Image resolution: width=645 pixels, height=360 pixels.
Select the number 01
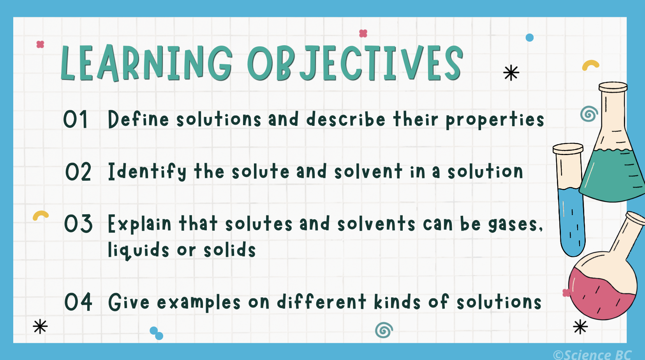(76, 119)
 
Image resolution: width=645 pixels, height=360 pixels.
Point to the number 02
(78, 172)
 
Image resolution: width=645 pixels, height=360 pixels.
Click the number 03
(78, 224)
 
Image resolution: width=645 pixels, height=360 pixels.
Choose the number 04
(78, 302)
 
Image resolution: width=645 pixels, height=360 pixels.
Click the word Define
(138, 119)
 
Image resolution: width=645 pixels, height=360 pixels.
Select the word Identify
(147, 172)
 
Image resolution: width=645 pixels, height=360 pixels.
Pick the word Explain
(139, 224)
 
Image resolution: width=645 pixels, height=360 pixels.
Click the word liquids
(138, 250)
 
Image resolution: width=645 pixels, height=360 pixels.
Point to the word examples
(199, 303)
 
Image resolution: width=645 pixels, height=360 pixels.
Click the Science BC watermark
(592, 355)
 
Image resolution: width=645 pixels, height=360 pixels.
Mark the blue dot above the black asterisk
(529, 38)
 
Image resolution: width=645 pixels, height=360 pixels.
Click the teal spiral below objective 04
(384, 330)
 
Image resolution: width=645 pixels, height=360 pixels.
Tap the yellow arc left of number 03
(41, 215)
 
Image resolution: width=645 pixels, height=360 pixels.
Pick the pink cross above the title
(363, 34)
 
